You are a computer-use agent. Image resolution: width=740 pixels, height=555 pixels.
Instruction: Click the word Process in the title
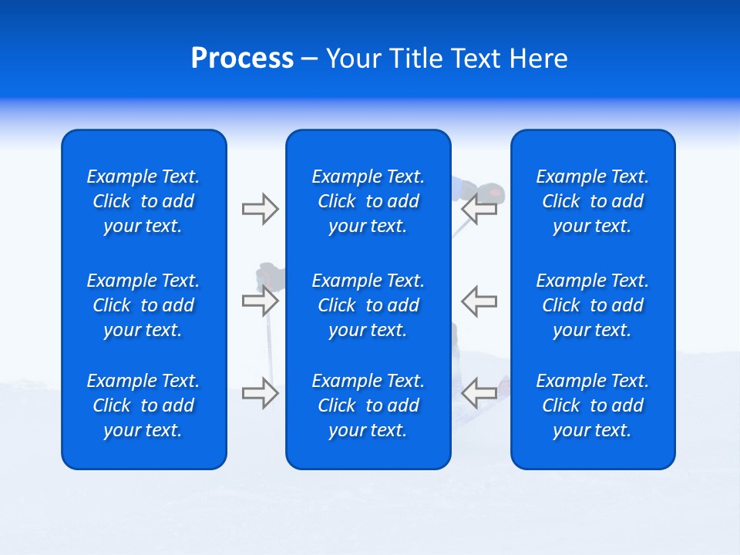pyautogui.click(x=242, y=59)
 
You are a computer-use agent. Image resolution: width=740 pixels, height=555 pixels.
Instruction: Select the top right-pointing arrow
pyautogui.click(x=261, y=209)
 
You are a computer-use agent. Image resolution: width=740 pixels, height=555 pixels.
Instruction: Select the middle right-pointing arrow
pyautogui.click(x=261, y=301)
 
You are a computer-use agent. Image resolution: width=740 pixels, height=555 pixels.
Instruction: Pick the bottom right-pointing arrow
pyautogui.click(x=261, y=393)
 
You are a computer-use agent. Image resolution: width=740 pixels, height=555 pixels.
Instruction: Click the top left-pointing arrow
pyautogui.click(x=479, y=209)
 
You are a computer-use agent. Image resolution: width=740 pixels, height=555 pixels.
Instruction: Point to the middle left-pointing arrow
pyautogui.click(x=479, y=301)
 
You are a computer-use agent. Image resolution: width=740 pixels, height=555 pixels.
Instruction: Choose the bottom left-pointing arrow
pyautogui.click(x=479, y=393)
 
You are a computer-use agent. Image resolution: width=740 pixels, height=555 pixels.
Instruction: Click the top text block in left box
pyautogui.click(x=143, y=201)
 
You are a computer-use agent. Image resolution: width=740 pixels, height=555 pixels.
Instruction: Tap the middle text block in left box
pyautogui.click(x=143, y=305)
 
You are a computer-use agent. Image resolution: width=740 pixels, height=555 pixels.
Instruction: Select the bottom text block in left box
pyautogui.click(x=143, y=405)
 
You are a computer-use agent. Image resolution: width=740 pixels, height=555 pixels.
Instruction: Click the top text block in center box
pyautogui.click(x=368, y=201)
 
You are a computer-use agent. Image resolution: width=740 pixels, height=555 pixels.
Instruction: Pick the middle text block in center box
pyautogui.click(x=368, y=305)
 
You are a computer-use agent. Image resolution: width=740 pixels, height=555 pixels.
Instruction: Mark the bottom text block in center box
pyautogui.click(x=368, y=405)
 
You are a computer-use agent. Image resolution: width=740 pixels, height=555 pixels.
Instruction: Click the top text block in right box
pyautogui.click(x=592, y=201)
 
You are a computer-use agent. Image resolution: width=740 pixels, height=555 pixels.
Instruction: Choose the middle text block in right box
pyautogui.click(x=592, y=305)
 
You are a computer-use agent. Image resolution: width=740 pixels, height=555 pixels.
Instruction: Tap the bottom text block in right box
pyautogui.click(x=592, y=405)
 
